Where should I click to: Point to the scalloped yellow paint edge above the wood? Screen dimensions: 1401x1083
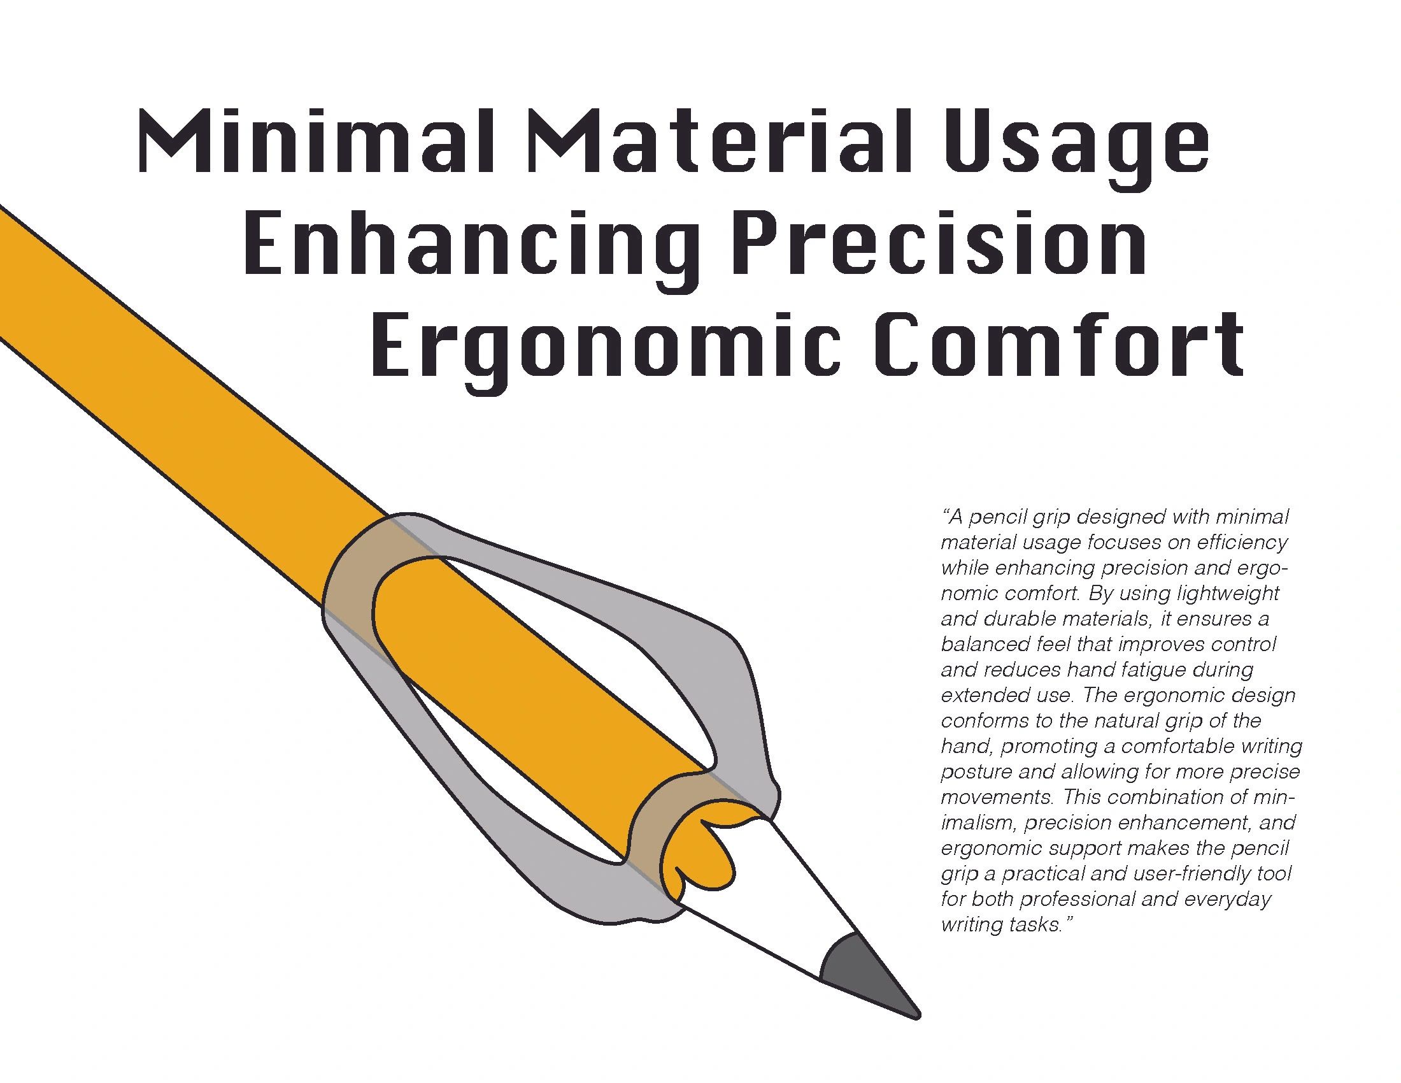[706, 853]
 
